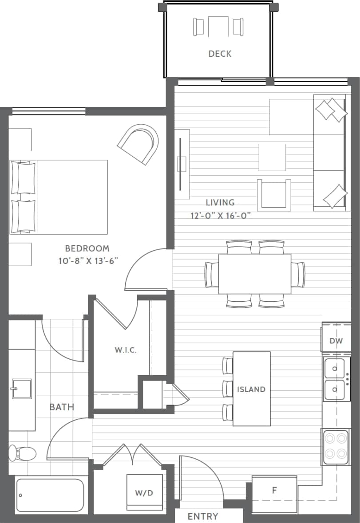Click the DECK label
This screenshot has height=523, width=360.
tap(220, 54)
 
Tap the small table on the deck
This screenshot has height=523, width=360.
tap(218, 27)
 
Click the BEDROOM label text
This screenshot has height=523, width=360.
tap(87, 248)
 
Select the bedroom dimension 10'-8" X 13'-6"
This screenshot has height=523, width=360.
tap(87, 261)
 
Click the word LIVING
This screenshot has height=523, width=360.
tap(220, 203)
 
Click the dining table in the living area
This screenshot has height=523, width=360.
tap(254, 274)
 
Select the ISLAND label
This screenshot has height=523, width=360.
tap(251, 389)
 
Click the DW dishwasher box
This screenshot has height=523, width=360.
tap(336, 341)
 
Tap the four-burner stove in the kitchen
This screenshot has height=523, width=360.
tap(336, 447)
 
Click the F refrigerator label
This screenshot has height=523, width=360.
tap(274, 491)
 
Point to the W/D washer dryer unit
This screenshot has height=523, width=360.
tap(144, 492)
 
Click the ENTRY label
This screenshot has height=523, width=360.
tap(203, 516)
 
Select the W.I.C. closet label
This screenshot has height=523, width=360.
tap(126, 350)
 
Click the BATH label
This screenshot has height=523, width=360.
tap(62, 407)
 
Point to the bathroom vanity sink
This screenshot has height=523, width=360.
tap(21, 389)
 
